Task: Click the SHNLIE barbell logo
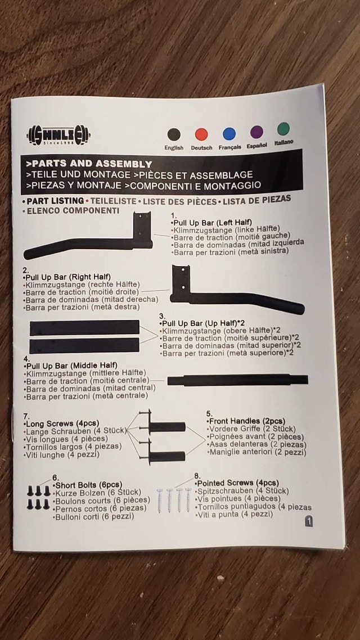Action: click(58, 135)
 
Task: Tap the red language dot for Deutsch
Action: click(201, 134)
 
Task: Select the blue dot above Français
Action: click(229, 134)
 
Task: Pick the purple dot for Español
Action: click(256, 132)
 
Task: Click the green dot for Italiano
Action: click(283, 129)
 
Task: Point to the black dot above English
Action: click(174, 134)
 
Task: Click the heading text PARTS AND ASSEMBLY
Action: click(89, 164)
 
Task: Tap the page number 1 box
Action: click(309, 521)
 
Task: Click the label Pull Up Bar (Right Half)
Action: click(67, 277)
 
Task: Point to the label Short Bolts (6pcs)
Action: click(87, 485)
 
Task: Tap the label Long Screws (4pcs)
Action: click(61, 423)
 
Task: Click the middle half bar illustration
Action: click(237, 380)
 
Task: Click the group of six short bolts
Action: click(39, 497)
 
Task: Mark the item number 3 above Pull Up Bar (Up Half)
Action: click(162, 316)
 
